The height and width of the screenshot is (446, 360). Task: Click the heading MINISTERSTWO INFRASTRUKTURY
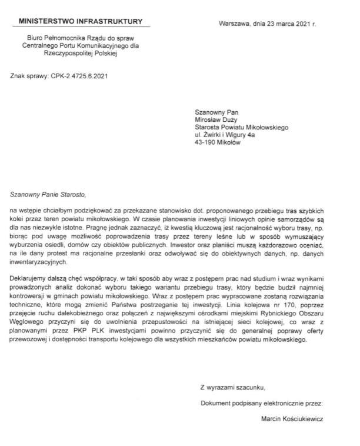click(x=81, y=22)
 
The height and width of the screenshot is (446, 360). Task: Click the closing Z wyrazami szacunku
click(x=233, y=387)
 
